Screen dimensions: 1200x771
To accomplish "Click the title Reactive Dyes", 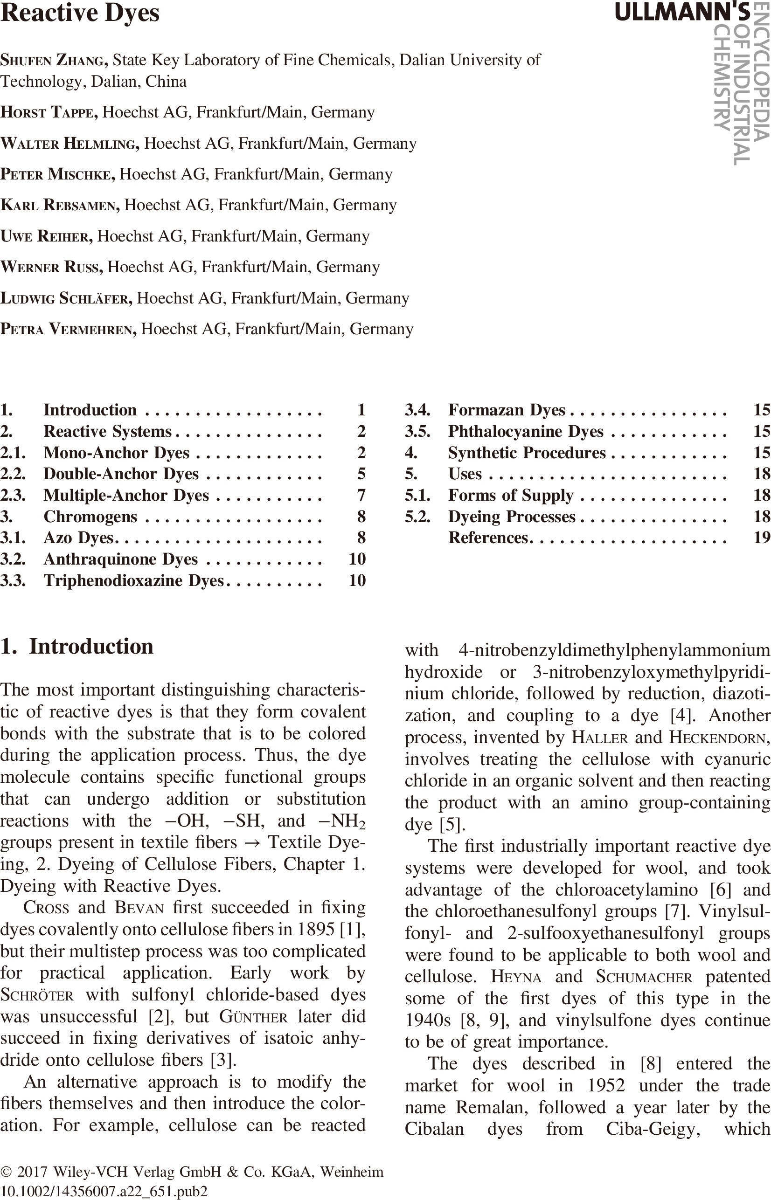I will [80, 13].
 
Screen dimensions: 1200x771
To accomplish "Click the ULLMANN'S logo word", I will [682, 12].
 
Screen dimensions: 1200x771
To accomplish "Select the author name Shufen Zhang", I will [54, 60].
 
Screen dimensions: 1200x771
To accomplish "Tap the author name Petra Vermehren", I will [68, 329].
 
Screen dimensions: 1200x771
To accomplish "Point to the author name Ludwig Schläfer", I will [66, 298].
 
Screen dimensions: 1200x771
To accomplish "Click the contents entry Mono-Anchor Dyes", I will [116, 453].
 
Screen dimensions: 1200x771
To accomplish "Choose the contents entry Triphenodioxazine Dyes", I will [133, 580].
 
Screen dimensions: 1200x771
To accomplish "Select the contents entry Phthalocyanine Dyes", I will [526, 431].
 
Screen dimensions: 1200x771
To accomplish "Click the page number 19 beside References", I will [762, 538].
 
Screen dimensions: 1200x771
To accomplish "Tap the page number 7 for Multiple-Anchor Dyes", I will [361, 496].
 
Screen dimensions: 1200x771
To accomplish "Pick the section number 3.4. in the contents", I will [417, 410].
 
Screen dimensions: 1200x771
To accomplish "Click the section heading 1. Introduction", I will [77, 647].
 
